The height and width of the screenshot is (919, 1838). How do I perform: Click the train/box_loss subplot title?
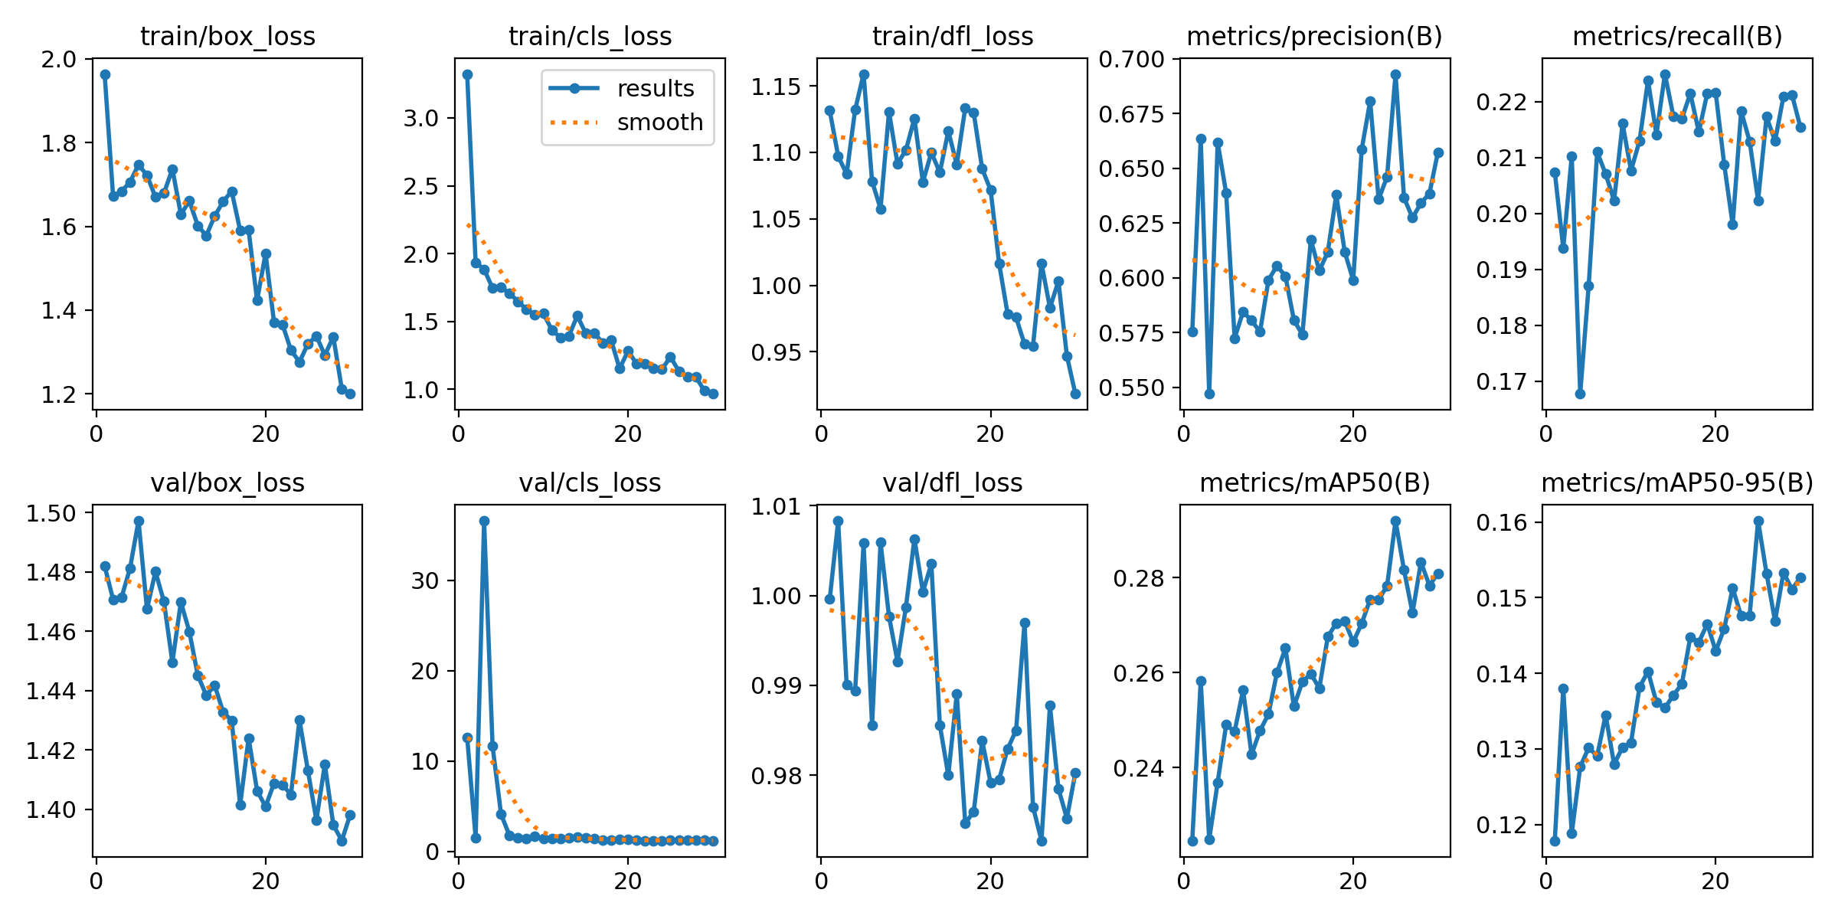tap(227, 36)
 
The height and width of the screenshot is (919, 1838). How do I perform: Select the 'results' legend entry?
tap(655, 89)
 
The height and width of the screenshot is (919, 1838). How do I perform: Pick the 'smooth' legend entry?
tap(659, 123)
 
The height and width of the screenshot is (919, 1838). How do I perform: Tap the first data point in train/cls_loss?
tap(467, 75)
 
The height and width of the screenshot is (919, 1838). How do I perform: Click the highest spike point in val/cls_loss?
tap(484, 521)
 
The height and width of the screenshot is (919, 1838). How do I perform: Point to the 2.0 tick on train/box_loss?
tap(59, 60)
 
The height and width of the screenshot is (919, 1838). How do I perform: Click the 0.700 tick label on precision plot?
tap(1131, 59)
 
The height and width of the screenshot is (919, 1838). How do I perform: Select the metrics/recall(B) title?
tap(1677, 36)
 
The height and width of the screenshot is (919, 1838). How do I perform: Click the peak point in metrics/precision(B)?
tap(1395, 75)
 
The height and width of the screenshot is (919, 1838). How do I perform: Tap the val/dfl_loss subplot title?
tap(952, 482)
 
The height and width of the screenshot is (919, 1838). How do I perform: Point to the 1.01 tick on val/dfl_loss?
tap(777, 506)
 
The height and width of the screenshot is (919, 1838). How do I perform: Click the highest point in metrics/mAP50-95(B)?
tap(1758, 521)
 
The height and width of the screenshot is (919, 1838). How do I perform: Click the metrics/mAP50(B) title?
tap(1314, 482)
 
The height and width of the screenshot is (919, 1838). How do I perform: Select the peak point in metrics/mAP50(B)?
tap(1395, 521)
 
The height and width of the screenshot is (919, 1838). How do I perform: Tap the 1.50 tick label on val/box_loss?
tap(51, 513)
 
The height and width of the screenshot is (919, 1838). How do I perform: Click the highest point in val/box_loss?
tap(139, 521)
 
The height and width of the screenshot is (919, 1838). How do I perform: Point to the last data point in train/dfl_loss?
tap(1075, 394)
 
